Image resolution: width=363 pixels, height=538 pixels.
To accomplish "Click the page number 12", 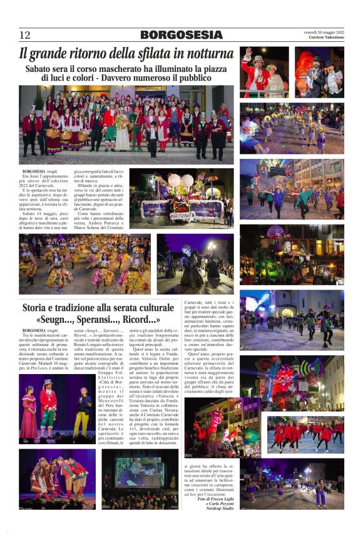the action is click(24, 35).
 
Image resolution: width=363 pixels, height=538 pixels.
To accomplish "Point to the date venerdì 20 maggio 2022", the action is click(324, 32).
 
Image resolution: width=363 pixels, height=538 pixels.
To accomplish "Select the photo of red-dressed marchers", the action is click(305, 434).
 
